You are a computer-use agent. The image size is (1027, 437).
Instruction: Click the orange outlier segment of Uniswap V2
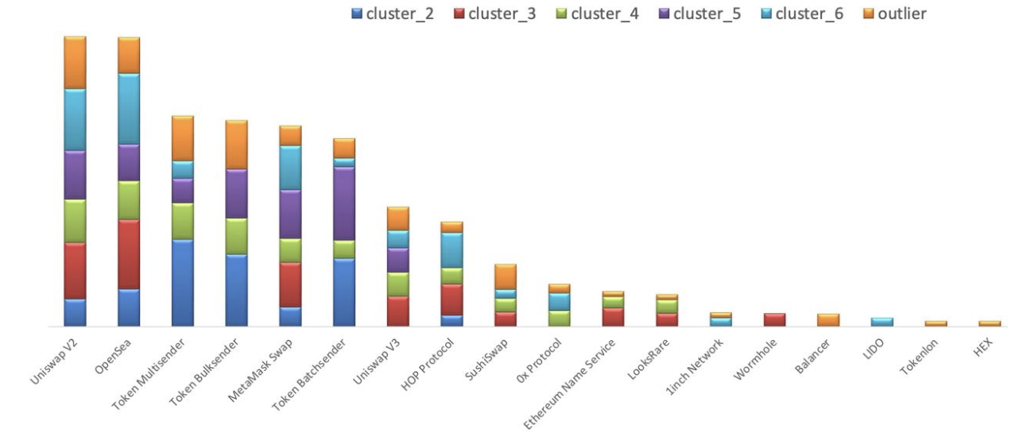pos(75,62)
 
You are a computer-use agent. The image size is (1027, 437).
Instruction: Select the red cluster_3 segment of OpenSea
pos(129,254)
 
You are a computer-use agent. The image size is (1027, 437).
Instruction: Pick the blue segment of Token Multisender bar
pos(183,282)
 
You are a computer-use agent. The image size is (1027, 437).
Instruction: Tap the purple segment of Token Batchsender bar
pos(344,203)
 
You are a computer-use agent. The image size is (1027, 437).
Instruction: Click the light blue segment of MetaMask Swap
pos(290,168)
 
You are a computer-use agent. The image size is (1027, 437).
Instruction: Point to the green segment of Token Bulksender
pos(236,236)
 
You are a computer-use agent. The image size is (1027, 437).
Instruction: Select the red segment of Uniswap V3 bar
pos(397,311)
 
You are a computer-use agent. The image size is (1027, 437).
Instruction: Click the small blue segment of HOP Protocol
pos(451,320)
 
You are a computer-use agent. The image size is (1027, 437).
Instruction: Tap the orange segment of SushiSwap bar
pos(506,277)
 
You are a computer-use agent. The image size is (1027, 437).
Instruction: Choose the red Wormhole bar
pos(774,319)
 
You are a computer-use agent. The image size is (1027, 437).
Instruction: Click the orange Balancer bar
pos(828,319)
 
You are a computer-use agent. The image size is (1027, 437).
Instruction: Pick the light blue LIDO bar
pos(882,322)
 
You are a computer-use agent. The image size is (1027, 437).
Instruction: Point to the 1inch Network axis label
pos(703,362)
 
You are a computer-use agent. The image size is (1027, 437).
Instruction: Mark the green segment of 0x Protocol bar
pos(560,318)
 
